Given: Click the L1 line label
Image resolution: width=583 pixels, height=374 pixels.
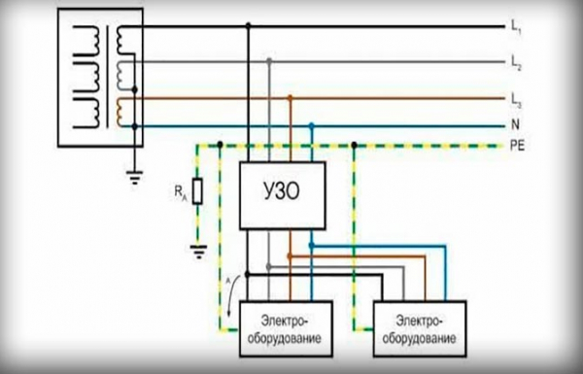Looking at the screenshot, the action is point(516,27).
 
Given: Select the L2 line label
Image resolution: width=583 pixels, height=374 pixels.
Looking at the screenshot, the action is point(516,63).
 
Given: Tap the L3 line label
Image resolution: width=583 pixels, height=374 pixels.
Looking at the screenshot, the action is point(516,100).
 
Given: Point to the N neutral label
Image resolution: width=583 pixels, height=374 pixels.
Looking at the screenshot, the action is point(515,124).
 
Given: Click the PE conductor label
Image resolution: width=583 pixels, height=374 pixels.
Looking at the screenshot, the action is point(517,146).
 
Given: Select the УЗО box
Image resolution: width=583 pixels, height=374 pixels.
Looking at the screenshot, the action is point(283,195).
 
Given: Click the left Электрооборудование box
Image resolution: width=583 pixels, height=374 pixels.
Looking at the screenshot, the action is point(286,329).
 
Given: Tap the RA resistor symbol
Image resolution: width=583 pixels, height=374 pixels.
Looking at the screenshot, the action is point(197,191).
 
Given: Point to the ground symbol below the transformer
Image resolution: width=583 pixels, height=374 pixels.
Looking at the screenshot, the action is point(135,178).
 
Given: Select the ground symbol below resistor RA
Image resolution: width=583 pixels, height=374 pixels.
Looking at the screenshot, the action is point(198,252).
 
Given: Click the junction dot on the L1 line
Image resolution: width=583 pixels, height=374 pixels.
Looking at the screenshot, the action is point(249,25).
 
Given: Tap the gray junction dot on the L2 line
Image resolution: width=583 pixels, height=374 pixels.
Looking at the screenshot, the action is point(269,60).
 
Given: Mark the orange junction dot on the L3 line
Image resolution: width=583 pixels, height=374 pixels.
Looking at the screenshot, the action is point(291,98).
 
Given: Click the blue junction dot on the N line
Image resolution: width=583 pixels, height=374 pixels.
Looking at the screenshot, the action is point(312,125).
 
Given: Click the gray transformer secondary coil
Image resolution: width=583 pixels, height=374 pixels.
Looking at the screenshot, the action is point(120,76).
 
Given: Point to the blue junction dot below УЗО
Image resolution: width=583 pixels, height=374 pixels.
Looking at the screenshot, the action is point(312,245).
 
